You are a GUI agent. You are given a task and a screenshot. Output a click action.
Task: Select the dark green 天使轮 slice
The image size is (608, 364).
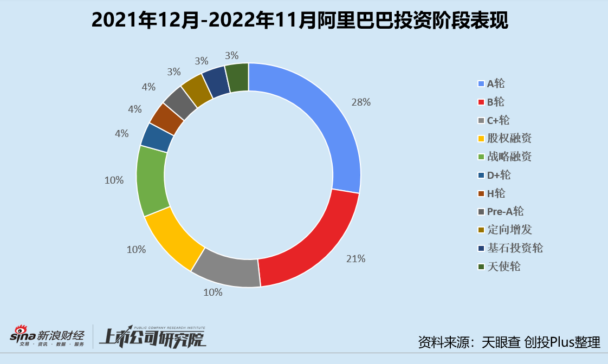tap(237, 77)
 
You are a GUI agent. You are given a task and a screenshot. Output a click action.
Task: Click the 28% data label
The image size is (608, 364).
tap(360, 102)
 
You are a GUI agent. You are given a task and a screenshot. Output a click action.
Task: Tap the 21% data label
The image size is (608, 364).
tap(355, 259)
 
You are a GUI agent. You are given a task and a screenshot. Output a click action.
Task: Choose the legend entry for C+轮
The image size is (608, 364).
tap(498, 120)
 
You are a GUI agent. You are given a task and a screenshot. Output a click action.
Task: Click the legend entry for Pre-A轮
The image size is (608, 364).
tap(505, 211)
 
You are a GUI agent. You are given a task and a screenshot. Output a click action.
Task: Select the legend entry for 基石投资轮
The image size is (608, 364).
tap(514, 248)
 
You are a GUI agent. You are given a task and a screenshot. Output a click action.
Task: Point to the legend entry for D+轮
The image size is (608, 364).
tap(499, 175)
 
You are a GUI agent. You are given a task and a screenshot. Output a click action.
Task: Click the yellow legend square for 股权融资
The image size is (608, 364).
tap(481, 139)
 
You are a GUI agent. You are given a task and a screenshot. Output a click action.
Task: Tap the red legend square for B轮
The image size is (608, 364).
tap(481, 102)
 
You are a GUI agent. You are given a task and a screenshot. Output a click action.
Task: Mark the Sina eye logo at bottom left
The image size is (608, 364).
tap(21, 331)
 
